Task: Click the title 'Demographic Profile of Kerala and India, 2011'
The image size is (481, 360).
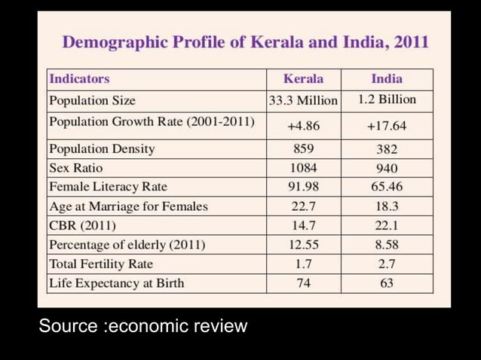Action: pos(245,41)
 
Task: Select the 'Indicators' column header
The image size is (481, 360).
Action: pos(79,79)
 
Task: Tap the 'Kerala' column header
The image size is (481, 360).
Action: pos(303,79)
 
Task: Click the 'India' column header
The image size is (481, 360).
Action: pos(387,79)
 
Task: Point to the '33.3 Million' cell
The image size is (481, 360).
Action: pos(303,100)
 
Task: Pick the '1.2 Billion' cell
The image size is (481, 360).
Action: pos(387,99)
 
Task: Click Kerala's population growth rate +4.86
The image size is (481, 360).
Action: pos(303,126)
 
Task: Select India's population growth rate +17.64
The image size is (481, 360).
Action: pos(387,126)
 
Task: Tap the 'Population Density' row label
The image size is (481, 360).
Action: pos(102,149)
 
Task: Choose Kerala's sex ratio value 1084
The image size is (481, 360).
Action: pos(303,168)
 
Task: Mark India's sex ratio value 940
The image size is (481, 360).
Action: pos(387,168)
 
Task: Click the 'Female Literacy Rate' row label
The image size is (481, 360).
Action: pos(108,187)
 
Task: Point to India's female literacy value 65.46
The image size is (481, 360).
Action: pos(387,187)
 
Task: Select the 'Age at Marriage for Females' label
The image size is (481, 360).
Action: pos(127,206)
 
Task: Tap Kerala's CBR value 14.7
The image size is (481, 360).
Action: pos(303,225)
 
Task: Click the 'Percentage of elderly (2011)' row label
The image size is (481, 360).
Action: pos(127,245)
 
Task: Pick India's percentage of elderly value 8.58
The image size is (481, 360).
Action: pos(387,245)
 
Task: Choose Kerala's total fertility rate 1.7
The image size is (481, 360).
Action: pos(303,264)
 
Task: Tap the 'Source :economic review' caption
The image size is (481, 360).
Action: pos(143,326)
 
